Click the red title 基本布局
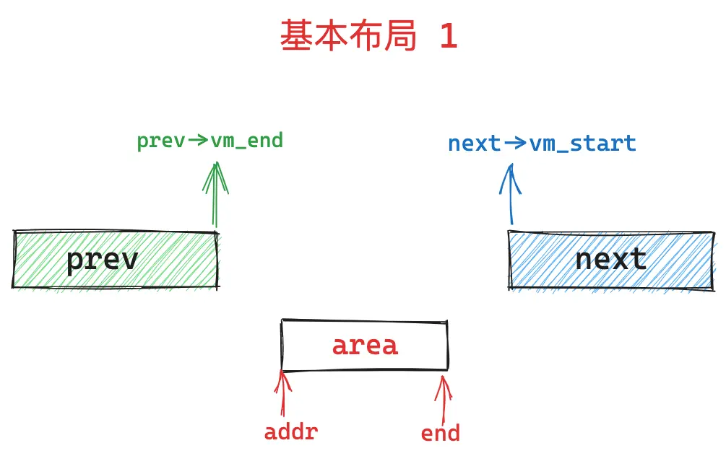pyautogui.click(x=348, y=35)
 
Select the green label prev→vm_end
pyautogui.click(x=209, y=141)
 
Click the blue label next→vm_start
pyautogui.click(x=542, y=144)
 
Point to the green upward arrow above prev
pyautogui.click(x=215, y=195)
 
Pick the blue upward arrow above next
pyautogui.click(x=511, y=194)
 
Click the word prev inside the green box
pyautogui.click(x=103, y=260)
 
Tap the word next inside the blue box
pyautogui.click(x=610, y=259)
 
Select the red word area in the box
pyautogui.click(x=365, y=346)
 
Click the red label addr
pyautogui.click(x=291, y=432)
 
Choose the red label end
pyautogui.click(x=441, y=434)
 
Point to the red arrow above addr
pyautogui.click(x=282, y=393)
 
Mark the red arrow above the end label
pyautogui.click(x=444, y=400)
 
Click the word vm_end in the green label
pyautogui.click(x=247, y=141)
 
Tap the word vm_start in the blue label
pyautogui.click(x=583, y=144)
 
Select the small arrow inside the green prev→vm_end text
pyautogui.click(x=198, y=139)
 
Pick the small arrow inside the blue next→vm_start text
pyautogui.click(x=515, y=143)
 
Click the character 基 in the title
pyautogui.click(x=296, y=35)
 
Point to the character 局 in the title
pyautogui.click(x=400, y=35)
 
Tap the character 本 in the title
pyautogui.click(x=331, y=35)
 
